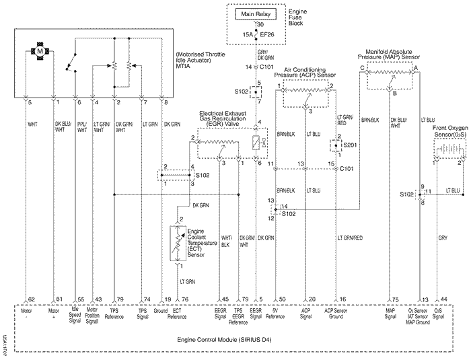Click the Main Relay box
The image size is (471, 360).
258,13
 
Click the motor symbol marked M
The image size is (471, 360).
39,52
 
